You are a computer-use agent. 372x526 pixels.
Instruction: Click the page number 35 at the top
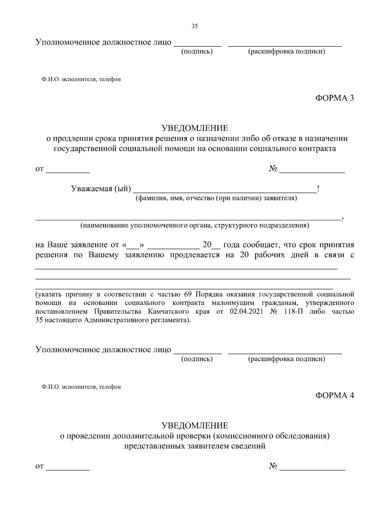195,26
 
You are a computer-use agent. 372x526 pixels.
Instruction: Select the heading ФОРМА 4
334,395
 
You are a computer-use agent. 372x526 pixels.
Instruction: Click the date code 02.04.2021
247,311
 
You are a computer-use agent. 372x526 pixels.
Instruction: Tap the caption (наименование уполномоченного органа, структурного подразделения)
195,225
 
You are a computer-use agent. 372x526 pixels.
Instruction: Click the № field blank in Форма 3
312,170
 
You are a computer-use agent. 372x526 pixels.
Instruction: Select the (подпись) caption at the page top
197,51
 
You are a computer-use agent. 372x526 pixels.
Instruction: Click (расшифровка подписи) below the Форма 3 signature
286,359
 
